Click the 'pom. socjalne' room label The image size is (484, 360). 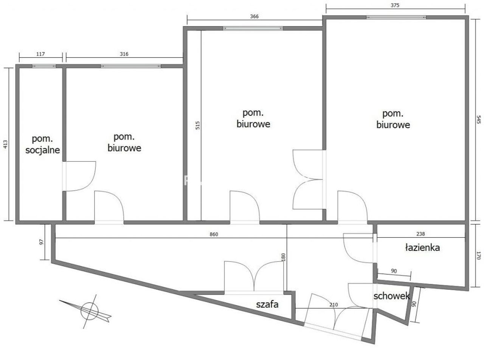point(43,144)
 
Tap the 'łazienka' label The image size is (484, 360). point(422,247)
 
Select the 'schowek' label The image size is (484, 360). point(391,296)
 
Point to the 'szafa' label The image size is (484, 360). point(267,304)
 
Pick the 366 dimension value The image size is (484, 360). point(254,16)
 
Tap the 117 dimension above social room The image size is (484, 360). point(40,54)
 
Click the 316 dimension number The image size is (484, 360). point(124,54)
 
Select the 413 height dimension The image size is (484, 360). point(5,144)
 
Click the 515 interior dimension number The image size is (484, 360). point(197,125)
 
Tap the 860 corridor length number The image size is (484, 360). point(214,234)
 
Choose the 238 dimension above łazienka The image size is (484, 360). point(421,234)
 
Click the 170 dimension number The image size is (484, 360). point(478,256)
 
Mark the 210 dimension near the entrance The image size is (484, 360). point(334,304)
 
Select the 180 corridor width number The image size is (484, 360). point(283,257)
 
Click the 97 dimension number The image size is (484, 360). point(42,242)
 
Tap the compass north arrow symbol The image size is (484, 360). point(85,311)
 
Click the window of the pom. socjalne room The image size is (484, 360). point(44,66)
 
